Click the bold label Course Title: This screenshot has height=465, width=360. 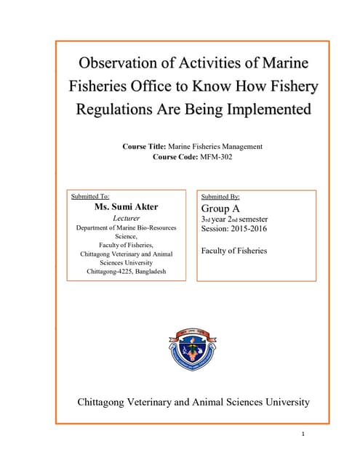coord(150,147)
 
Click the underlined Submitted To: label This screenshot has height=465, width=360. coord(90,196)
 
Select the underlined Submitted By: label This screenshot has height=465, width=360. coord(220,196)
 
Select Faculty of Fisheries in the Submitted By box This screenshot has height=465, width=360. coord(233,251)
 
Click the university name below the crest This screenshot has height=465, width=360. coord(193,402)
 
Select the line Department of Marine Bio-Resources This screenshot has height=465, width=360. coord(127,228)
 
